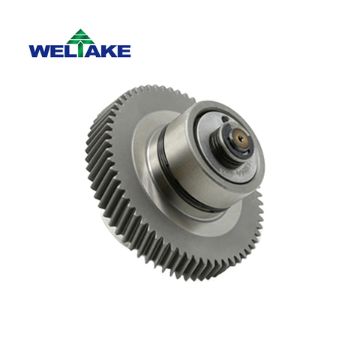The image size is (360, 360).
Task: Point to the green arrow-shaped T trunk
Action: pos(80,50)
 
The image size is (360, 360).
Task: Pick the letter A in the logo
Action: pos(93,51)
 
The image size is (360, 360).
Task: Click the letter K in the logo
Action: pos(110,51)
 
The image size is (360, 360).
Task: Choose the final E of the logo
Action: pos(124,51)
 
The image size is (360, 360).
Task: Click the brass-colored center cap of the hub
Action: pos(240,138)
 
